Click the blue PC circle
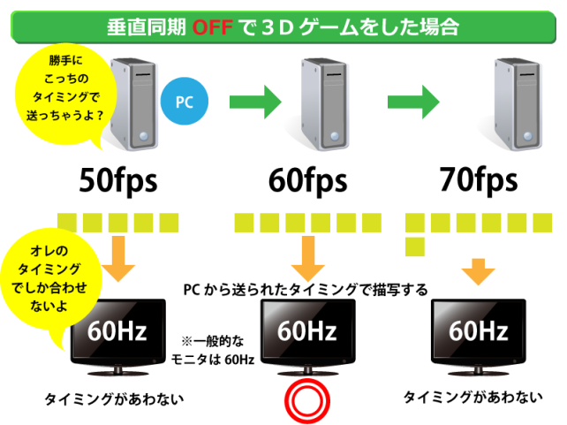pos(184,102)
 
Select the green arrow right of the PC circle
pos(255,102)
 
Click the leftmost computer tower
pos(129,101)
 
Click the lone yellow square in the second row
pos(414,247)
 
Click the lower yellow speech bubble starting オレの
pos(53,279)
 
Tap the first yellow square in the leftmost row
pos(67,222)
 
